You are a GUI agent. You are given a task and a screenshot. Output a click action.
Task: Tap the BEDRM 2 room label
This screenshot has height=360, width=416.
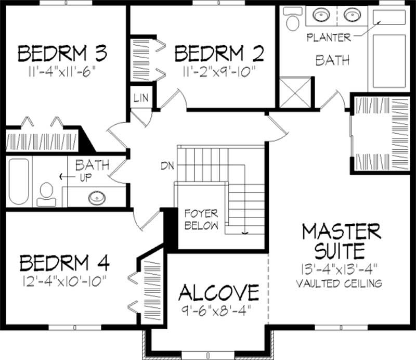click(x=219, y=53)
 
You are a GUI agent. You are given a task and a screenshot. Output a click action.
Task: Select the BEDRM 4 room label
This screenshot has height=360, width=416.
click(x=64, y=262)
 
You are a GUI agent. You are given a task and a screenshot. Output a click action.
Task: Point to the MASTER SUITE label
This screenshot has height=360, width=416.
click(x=341, y=240)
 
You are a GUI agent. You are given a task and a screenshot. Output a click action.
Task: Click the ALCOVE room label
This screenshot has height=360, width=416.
click(x=218, y=292)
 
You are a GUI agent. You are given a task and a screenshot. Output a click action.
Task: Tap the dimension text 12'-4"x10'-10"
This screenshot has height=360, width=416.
click(x=64, y=281)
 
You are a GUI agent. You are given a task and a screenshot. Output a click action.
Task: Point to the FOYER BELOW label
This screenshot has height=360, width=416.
click(x=202, y=220)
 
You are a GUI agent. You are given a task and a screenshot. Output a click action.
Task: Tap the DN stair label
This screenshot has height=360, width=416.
click(x=167, y=166)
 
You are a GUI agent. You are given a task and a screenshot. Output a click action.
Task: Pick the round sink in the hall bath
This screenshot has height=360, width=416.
click(x=96, y=198)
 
